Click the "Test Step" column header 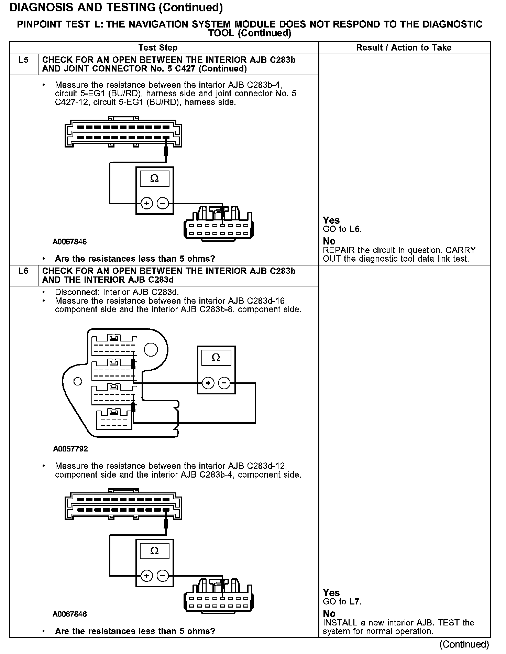click(x=158, y=47)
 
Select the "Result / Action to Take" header click(x=404, y=47)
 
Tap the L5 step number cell click(x=23, y=60)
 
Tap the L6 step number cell click(x=23, y=271)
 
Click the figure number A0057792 click(x=70, y=449)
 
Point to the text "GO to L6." click(x=342, y=229)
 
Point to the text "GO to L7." click(x=342, y=601)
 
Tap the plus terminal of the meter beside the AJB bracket click(x=208, y=383)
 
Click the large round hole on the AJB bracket click(x=151, y=349)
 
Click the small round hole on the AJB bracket click(x=78, y=381)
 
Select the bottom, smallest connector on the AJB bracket click(x=114, y=419)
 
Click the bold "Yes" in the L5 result click(x=331, y=220)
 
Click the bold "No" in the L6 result click(x=329, y=613)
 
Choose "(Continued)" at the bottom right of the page click(x=464, y=644)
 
